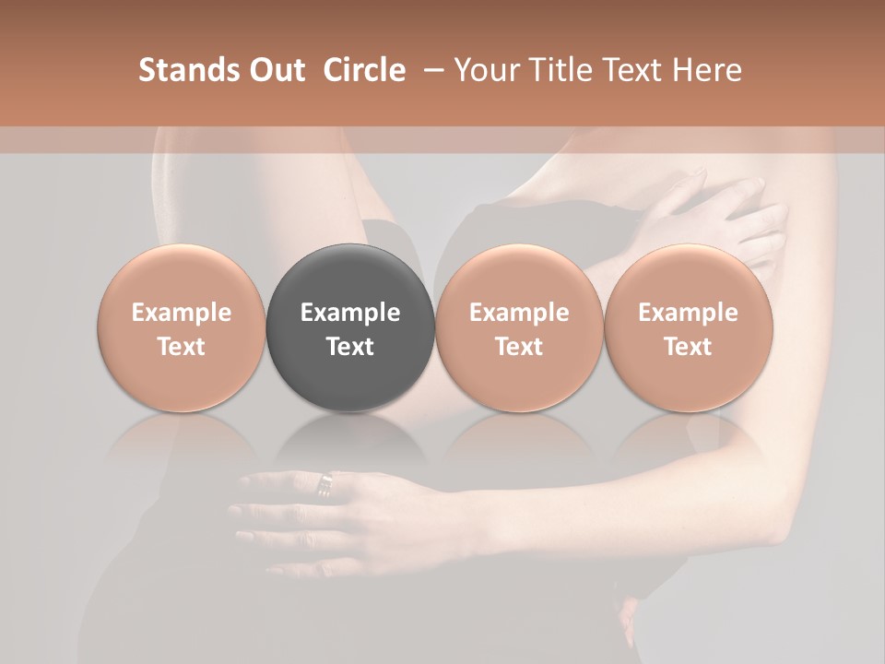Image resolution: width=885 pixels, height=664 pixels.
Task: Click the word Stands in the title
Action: (x=188, y=70)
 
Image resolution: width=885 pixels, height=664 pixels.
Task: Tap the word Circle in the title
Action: (x=364, y=70)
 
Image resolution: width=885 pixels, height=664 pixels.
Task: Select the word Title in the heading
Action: (x=552, y=70)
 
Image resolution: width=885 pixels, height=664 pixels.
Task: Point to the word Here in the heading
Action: (x=707, y=70)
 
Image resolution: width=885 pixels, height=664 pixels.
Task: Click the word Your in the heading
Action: (x=486, y=70)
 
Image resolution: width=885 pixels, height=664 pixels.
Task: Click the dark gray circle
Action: (x=350, y=328)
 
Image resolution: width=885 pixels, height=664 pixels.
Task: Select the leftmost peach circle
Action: (x=182, y=328)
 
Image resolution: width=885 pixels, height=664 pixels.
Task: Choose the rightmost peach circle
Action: (x=689, y=328)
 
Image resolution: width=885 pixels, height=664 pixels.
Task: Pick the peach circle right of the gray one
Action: (x=519, y=328)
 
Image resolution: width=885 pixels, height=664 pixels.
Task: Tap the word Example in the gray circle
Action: (x=350, y=313)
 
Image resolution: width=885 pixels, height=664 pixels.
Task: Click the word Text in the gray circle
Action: (x=350, y=347)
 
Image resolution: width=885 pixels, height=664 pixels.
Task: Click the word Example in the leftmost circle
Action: (x=182, y=313)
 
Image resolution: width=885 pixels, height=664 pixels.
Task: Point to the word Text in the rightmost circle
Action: (x=689, y=347)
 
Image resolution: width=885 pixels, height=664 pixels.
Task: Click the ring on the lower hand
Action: (x=325, y=482)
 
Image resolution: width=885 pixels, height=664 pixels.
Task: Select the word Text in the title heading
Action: (x=633, y=70)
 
